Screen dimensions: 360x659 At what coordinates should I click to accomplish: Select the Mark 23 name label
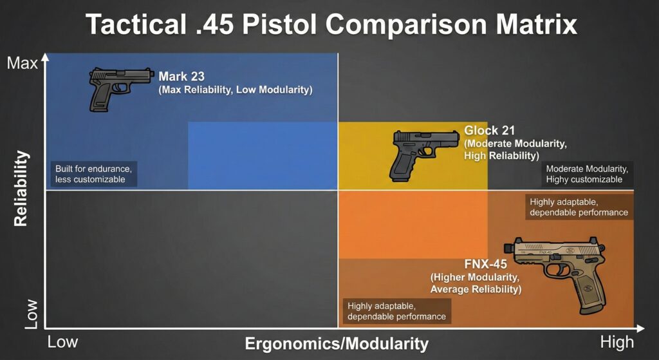(181, 76)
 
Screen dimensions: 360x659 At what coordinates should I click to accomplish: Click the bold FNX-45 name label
(485, 264)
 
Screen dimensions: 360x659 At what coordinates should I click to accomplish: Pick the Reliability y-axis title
(21, 188)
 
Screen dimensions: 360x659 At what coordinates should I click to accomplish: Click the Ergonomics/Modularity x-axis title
(337, 343)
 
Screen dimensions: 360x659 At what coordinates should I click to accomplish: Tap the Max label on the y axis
(22, 63)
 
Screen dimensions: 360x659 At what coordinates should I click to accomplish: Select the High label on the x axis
(617, 341)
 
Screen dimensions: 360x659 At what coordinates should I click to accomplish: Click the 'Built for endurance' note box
(94, 174)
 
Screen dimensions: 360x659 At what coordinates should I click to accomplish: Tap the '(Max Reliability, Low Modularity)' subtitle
(236, 90)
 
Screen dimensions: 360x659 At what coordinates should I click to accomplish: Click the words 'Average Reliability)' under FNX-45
(475, 290)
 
